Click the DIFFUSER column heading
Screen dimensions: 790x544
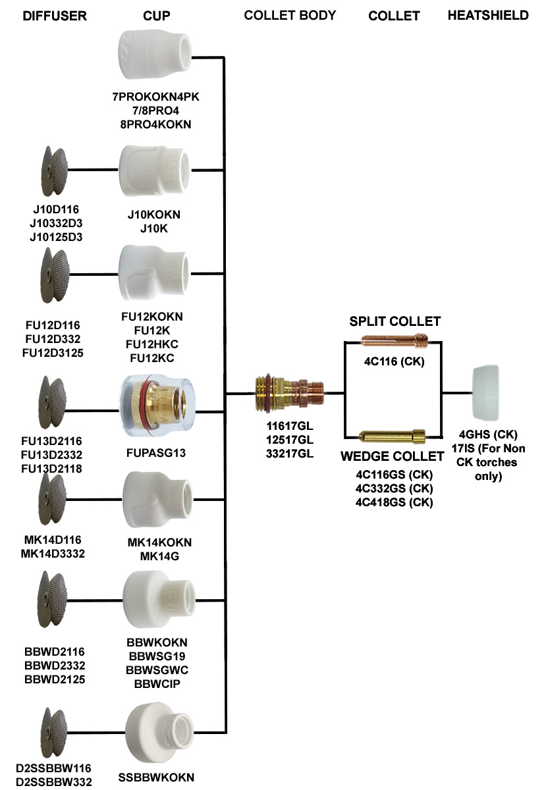(x=55, y=16)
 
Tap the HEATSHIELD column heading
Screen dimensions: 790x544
(x=488, y=15)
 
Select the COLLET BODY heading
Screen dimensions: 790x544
(x=290, y=15)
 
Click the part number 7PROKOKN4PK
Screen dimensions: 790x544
(x=155, y=97)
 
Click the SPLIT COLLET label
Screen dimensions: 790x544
(x=394, y=321)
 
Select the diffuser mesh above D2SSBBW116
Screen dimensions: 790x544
(x=55, y=735)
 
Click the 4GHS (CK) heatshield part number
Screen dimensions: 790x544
(x=488, y=434)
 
